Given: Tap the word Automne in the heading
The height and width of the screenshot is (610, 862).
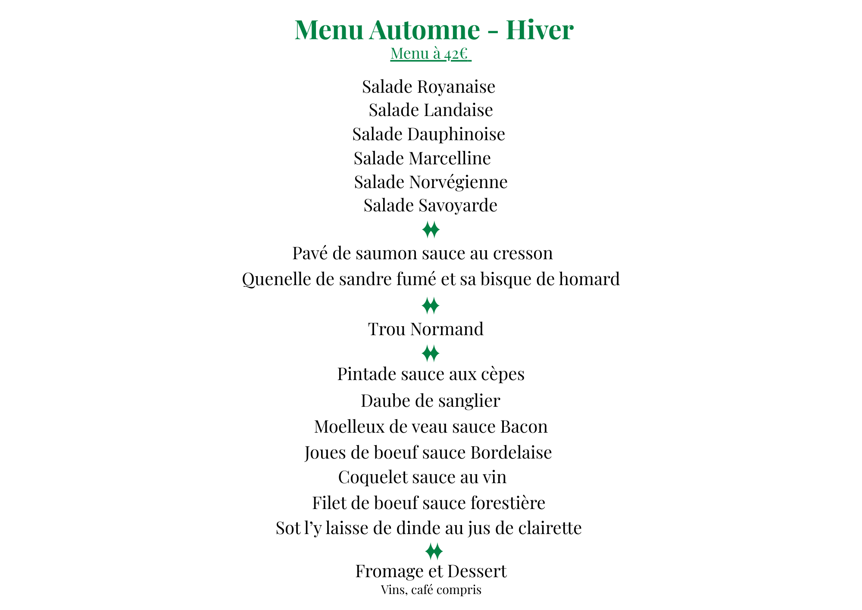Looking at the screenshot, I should tap(424, 30).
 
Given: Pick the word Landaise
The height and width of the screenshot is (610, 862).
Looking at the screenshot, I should tap(458, 110).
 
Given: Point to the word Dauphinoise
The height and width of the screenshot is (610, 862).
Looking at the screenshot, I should tap(456, 134).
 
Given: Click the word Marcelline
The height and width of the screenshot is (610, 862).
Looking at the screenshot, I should tap(450, 158).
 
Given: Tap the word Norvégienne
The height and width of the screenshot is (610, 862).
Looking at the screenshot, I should tap(458, 182).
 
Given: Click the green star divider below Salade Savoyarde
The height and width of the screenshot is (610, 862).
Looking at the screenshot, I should tap(431, 230).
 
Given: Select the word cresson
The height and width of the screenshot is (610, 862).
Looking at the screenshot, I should tap(523, 253).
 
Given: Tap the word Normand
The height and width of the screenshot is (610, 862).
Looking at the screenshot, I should tap(447, 329).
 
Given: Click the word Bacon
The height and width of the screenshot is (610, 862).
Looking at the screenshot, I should tap(524, 427).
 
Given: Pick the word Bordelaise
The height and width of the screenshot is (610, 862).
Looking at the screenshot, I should tap(511, 453).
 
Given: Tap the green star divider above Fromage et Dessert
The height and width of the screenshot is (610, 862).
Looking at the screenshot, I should tap(434, 551).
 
